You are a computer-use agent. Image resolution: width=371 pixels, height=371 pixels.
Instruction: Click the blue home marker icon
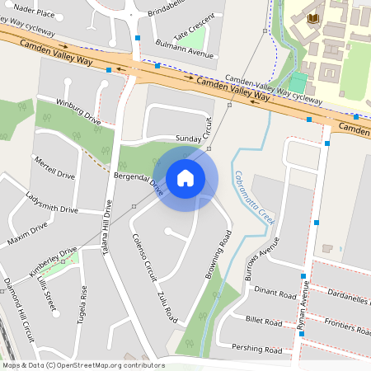pos(185,177)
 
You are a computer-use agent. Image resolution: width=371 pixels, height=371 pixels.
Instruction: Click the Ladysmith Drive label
pos(51,203)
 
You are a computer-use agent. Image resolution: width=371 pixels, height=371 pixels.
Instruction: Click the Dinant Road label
pos(275,292)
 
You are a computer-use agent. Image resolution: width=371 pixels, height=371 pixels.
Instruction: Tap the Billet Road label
pos(264,320)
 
